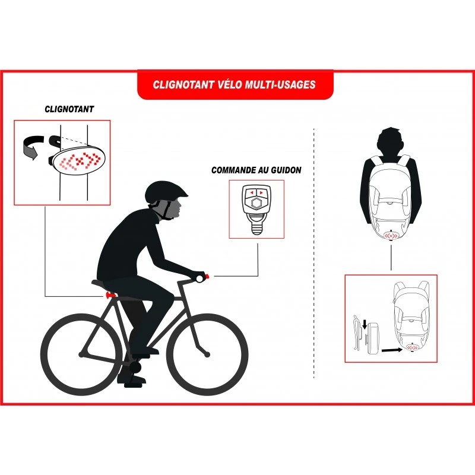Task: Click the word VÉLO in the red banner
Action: pyautogui.click(x=230, y=84)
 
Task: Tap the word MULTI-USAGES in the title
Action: pyautogui.click(x=280, y=84)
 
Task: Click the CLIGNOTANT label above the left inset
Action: pyautogui.click(x=69, y=109)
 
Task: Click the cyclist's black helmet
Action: pyautogui.click(x=165, y=192)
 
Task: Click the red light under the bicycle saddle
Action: pyautogui.click(x=110, y=294)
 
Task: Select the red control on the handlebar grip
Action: pyautogui.click(x=207, y=277)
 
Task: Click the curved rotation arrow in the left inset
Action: pyautogui.click(x=32, y=147)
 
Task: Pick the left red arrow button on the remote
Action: pyautogui.click(x=251, y=192)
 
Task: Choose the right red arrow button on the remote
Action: pyautogui.click(x=261, y=192)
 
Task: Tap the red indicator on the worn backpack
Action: pyautogui.click(x=391, y=235)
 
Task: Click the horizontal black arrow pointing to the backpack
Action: pyautogui.click(x=392, y=350)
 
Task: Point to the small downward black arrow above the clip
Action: pyautogui.click(x=365, y=325)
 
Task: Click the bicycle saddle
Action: pyautogui.click(x=103, y=283)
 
